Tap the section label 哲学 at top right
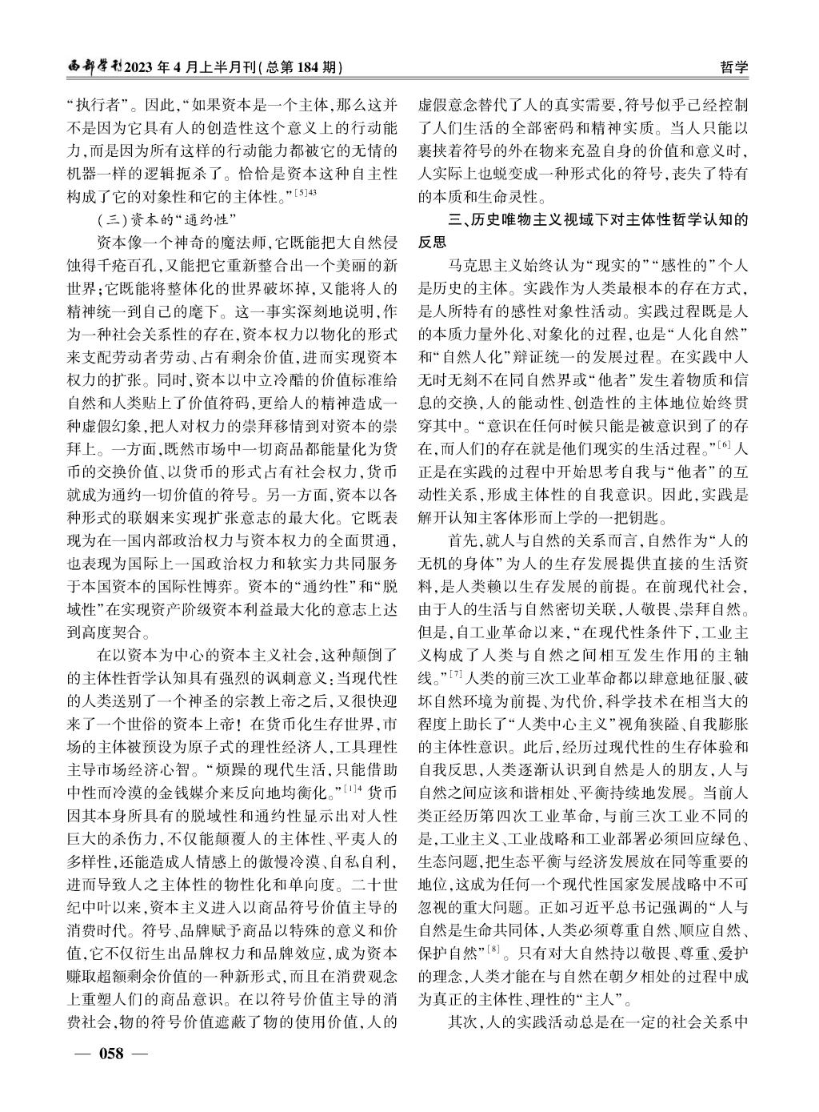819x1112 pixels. click(x=733, y=68)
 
